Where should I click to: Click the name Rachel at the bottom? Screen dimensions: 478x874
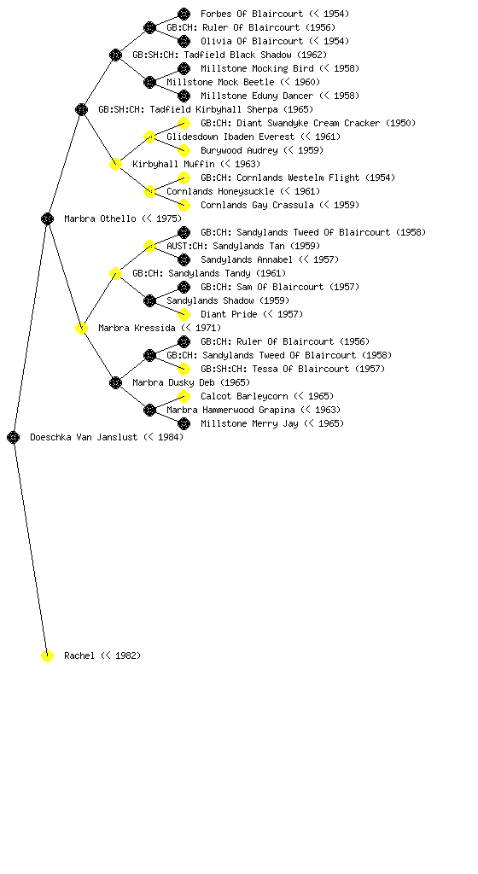(79, 655)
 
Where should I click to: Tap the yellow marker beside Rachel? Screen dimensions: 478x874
(47, 655)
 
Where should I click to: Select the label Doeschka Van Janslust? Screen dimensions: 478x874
(84, 437)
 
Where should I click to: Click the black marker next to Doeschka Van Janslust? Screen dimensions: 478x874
(14, 437)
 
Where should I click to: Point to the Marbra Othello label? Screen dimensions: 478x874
(100, 218)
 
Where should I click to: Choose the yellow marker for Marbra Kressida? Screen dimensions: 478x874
(81, 328)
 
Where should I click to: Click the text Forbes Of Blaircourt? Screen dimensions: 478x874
(252, 14)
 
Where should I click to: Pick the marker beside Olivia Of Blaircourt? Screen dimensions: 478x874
(184, 41)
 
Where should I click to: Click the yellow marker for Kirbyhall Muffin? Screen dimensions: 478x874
(115, 164)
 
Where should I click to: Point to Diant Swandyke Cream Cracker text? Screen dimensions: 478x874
(308, 123)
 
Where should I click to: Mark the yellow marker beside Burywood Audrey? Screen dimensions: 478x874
(184, 150)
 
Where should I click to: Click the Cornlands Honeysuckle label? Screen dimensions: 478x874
(220, 191)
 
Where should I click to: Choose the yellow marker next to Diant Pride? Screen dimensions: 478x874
(184, 314)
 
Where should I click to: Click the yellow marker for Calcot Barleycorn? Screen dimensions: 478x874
(184, 396)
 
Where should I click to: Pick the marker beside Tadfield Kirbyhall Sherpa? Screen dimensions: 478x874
(81, 109)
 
